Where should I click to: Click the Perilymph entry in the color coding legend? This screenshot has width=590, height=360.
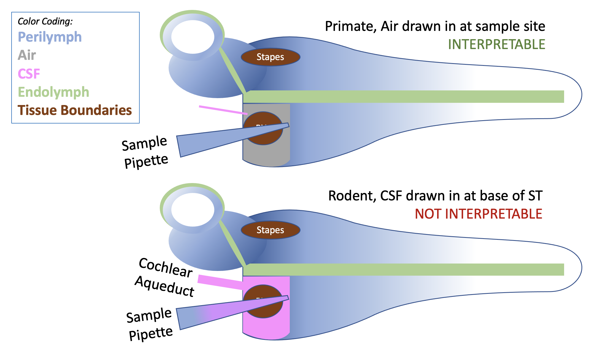50,37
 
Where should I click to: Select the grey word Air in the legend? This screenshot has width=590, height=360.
27,55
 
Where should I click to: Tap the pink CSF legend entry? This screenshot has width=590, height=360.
29,74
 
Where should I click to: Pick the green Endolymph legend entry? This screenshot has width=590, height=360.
53,92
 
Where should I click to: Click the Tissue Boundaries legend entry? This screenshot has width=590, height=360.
75,110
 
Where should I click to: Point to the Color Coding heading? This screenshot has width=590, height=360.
45,21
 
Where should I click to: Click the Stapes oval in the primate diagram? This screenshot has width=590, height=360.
270,57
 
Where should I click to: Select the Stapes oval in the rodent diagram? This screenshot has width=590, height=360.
270,230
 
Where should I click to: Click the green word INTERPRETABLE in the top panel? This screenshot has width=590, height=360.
496,44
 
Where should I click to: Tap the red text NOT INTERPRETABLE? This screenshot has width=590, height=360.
478,214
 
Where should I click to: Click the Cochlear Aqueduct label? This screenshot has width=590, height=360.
165,277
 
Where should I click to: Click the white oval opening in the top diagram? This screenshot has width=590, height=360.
193,37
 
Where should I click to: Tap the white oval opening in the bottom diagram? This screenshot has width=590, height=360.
193,210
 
